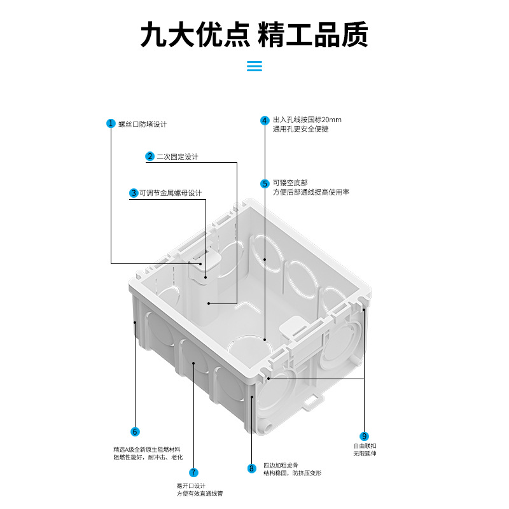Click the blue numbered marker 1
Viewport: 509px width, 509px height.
110,123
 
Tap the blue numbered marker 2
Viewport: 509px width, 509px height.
150,157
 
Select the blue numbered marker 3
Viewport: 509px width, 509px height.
134,193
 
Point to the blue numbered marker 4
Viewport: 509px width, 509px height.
264,120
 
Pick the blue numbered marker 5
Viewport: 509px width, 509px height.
264,184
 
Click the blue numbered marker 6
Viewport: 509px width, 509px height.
134,431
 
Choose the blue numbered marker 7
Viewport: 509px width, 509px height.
193,473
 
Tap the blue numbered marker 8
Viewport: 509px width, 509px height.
252,469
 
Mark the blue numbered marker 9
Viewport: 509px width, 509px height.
364,436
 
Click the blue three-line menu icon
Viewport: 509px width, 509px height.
254,66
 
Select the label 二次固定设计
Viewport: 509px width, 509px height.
178,157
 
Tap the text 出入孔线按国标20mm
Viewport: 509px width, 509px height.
307,120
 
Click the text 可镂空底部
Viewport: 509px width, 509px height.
286,183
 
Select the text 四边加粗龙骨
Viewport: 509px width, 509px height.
281,464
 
